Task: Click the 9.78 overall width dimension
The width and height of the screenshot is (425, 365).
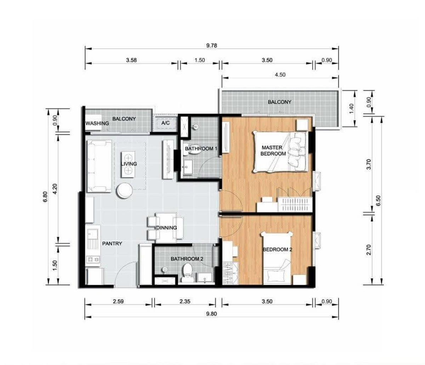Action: [211, 45]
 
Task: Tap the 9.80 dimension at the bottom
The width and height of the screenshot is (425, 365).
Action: [211, 314]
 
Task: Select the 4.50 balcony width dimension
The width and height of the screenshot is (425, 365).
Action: [280, 75]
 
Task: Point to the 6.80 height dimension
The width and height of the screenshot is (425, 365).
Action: [45, 197]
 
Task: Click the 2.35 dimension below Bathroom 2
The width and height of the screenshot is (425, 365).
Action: [185, 302]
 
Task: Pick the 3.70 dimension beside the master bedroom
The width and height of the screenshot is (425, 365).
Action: [369, 164]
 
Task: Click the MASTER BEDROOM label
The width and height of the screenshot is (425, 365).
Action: [273, 151]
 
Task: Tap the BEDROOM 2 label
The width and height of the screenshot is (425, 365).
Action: [278, 249]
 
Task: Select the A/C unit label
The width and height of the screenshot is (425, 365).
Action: [165, 123]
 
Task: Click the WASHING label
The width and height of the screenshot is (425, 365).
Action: [97, 123]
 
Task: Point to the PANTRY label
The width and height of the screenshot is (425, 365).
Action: [112, 243]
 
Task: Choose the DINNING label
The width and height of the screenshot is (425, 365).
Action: [166, 228]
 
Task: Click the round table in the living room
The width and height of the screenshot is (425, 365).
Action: [125, 191]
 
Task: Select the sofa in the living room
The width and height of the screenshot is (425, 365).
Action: [99, 166]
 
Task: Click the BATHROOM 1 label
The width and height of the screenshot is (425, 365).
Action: [201, 148]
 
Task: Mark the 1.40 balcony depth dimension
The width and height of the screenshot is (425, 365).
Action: [351, 108]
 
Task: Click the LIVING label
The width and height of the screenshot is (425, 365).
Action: [129, 164]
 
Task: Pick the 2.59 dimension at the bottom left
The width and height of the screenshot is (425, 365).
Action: [118, 302]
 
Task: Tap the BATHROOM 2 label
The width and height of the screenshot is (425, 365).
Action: [187, 259]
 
